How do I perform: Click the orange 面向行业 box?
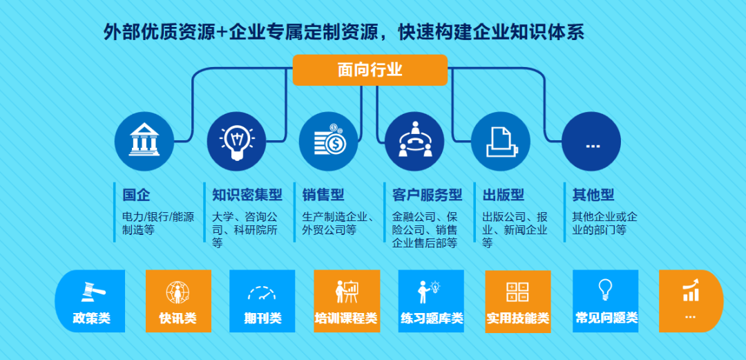tap(370, 70)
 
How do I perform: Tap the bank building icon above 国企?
tap(144, 142)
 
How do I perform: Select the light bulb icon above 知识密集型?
tap(236, 142)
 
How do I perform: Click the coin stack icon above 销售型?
tap(328, 142)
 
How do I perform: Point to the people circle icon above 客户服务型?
tap(414, 142)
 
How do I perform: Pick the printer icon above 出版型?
tap(501, 142)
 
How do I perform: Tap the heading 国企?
tap(136, 195)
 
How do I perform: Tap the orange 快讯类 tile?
tap(178, 301)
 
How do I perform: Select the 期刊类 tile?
tap(262, 301)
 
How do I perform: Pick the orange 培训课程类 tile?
tap(346, 301)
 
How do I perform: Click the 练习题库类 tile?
tap(431, 301)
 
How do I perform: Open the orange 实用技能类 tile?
tap(517, 301)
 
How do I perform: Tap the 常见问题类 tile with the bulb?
tap(606, 301)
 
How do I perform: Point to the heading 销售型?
tap(323, 195)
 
